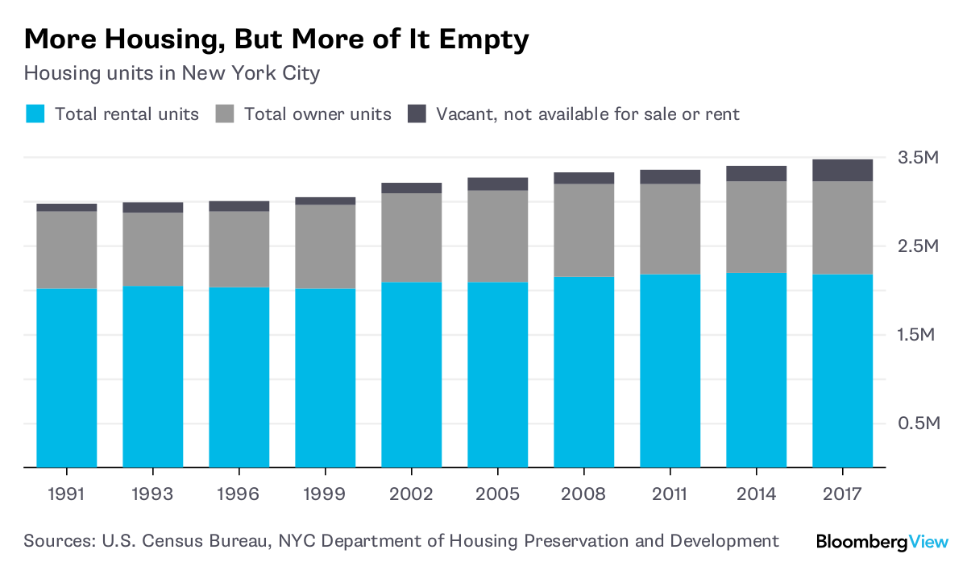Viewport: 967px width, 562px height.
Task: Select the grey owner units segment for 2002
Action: click(412, 238)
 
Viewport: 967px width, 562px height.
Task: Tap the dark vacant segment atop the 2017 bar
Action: click(843, 170)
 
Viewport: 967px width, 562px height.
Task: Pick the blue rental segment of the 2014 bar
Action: click(757, 370)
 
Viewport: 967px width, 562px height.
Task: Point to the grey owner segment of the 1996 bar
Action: click(239, 249)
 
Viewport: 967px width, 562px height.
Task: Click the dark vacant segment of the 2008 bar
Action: click(584, 178)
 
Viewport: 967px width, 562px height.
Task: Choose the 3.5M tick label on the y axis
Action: click(919, 158)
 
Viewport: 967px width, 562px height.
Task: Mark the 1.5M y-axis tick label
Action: click(919, 335)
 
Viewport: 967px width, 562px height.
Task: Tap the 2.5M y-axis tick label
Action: click(919, 246)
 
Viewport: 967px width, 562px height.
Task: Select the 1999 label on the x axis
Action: click(325, 494)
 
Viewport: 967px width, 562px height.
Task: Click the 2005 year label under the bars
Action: click(497, 494)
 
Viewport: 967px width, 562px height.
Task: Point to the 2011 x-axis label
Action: click(670, 494)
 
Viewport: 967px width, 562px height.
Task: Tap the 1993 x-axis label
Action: click(152, 494)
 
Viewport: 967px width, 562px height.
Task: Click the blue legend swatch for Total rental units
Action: click(34, 114)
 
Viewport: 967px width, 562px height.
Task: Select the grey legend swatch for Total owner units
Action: click(225, 114)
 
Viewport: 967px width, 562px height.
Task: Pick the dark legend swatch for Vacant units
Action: click(417, 114)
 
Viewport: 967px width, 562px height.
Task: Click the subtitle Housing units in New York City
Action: click(172, 73)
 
